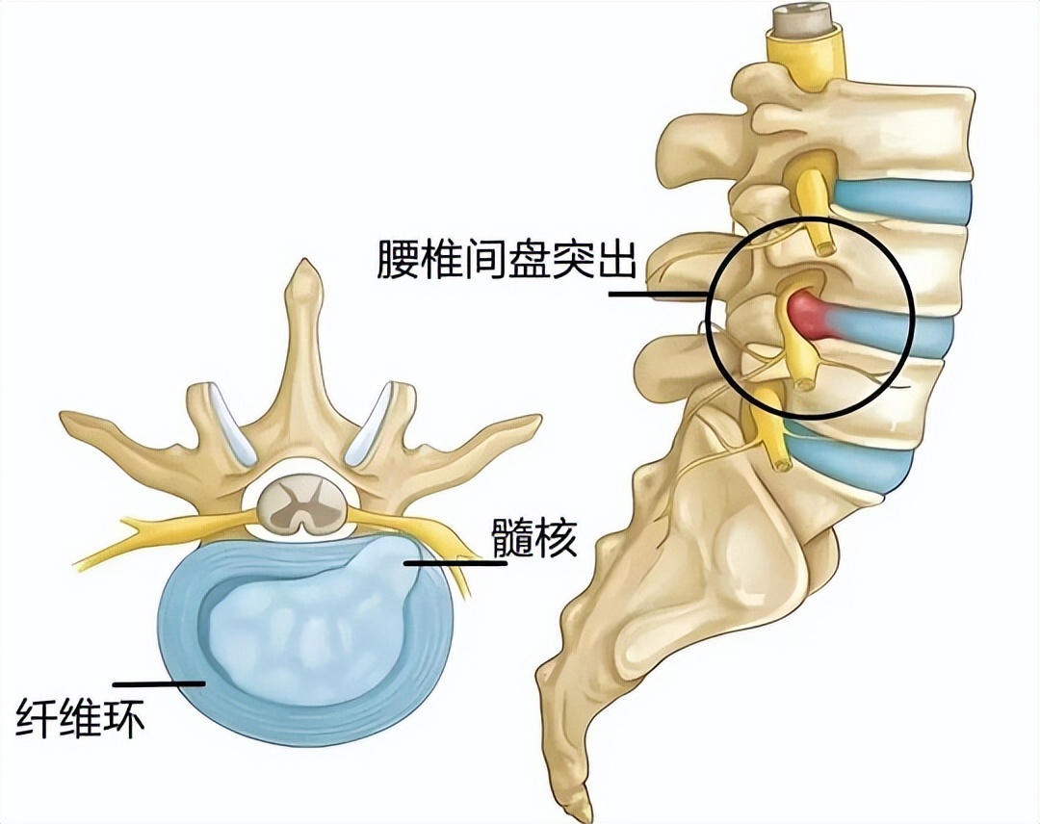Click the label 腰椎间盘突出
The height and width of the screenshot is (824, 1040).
click(x=507, y=259)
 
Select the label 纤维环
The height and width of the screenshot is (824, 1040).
click(x=80, y=717)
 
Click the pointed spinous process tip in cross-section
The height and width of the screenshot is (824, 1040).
click(x=303, y=265)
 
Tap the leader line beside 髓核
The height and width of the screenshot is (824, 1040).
click(x=455, y=563)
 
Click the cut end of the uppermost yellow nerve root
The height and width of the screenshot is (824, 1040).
click(x=826, y=248)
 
